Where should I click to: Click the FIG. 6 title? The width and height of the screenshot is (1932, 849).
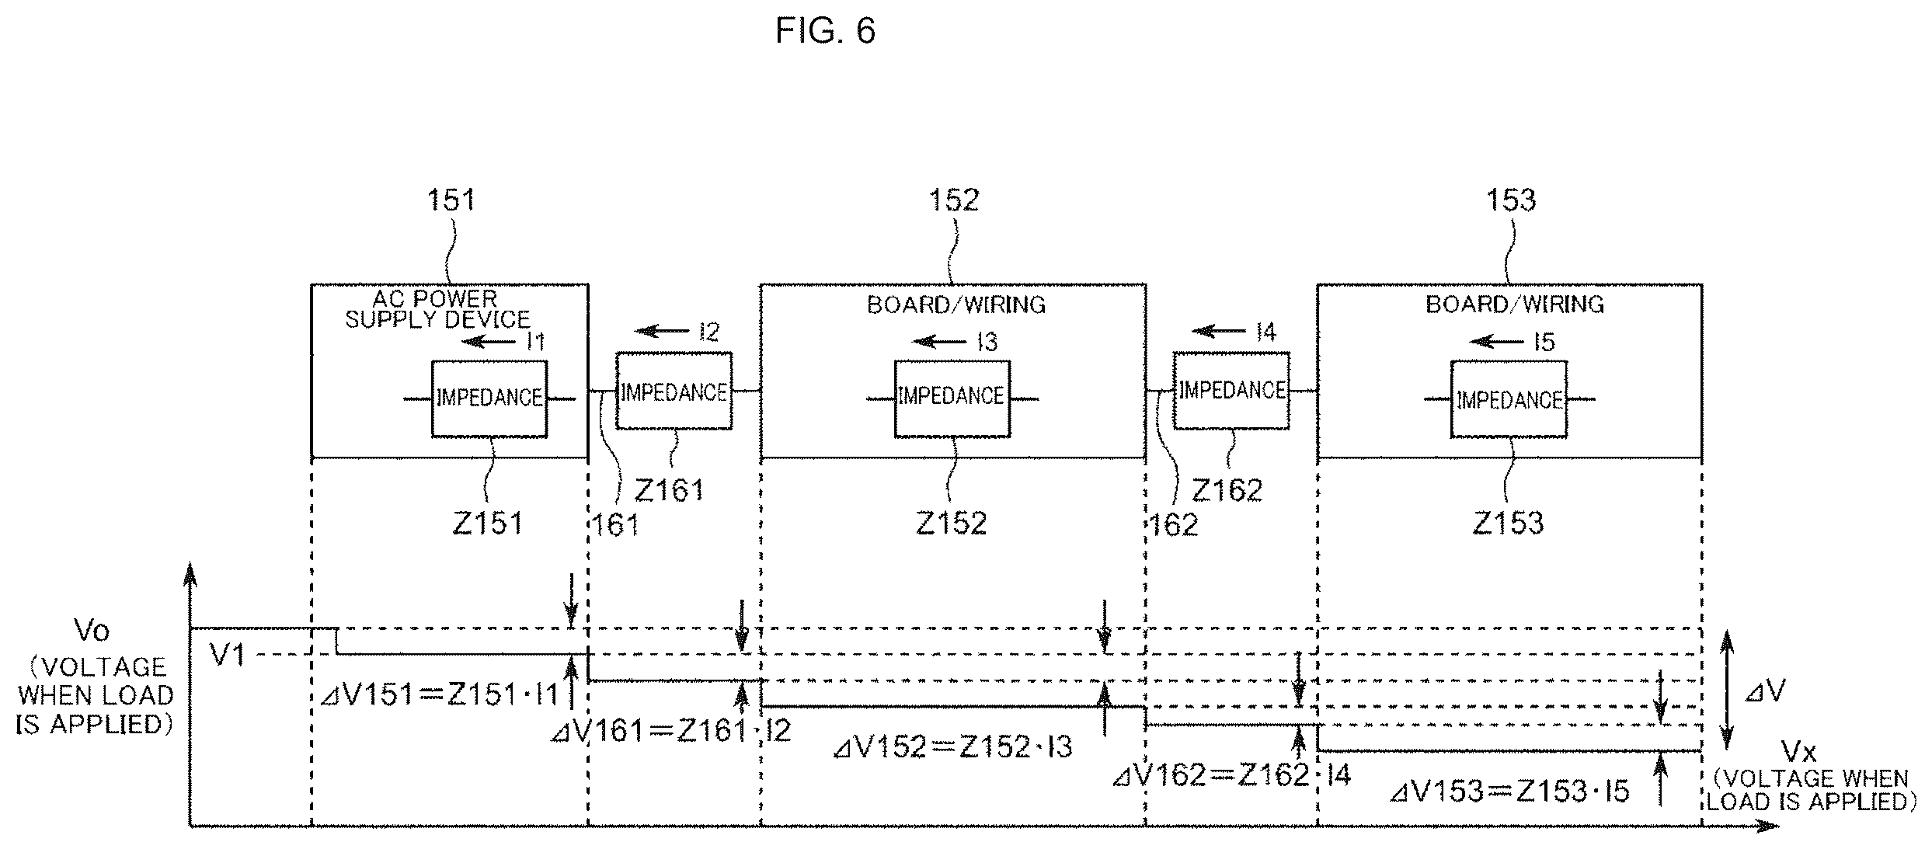click(x=826, y=31)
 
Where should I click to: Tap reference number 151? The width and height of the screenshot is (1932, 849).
click(x=451, y=200)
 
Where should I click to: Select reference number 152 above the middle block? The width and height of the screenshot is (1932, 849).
click(x=954, y=200)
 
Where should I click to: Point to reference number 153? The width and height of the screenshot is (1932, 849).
click(x=1511, y=200)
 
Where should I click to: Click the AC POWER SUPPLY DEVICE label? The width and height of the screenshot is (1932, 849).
click(x=437, y=309)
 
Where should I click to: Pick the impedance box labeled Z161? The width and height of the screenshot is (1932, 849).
click(x=674, y=391)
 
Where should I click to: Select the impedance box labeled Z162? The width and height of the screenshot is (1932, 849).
click(x=1231, y=390)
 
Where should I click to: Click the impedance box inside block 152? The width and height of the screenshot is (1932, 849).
click(x=952, y=398)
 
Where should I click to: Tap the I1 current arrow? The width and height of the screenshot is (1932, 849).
click(x=489, y=341)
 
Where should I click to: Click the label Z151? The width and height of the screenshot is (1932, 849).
click(x=487, y=523)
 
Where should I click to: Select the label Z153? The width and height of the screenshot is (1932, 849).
click(x=1508, y=523)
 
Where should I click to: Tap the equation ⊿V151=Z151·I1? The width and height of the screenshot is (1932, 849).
click(x=440, y=694)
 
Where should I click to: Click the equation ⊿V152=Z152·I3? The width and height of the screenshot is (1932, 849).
click(x=952, y=746)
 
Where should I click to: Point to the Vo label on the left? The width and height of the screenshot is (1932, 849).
click(x=92, y=631)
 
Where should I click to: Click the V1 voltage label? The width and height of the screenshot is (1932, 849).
click(x=228, y=656)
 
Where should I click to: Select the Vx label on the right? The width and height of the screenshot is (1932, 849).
click(x=1799, y=751)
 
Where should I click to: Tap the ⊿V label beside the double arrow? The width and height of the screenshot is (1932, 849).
click(x=1765, y=691)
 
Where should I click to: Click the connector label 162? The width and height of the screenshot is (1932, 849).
click(x=1173, y=525)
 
